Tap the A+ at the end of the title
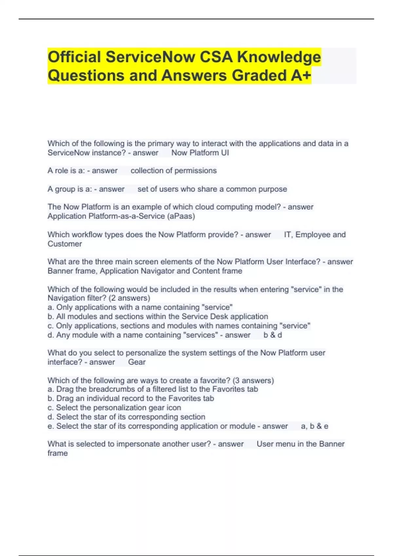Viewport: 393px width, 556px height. (301, 76)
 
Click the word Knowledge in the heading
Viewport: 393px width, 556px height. (279, 57)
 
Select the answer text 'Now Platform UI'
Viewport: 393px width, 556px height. (200, 153)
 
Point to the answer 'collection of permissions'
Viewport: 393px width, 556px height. (174, 171)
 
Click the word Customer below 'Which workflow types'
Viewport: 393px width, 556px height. (65, 244)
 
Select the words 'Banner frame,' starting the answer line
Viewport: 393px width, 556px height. (72, 271)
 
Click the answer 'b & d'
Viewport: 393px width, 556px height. (273, 335)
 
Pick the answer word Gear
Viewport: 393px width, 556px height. (137, 362)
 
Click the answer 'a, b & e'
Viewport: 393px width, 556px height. (314, 426)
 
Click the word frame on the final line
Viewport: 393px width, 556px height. (58, 453)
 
